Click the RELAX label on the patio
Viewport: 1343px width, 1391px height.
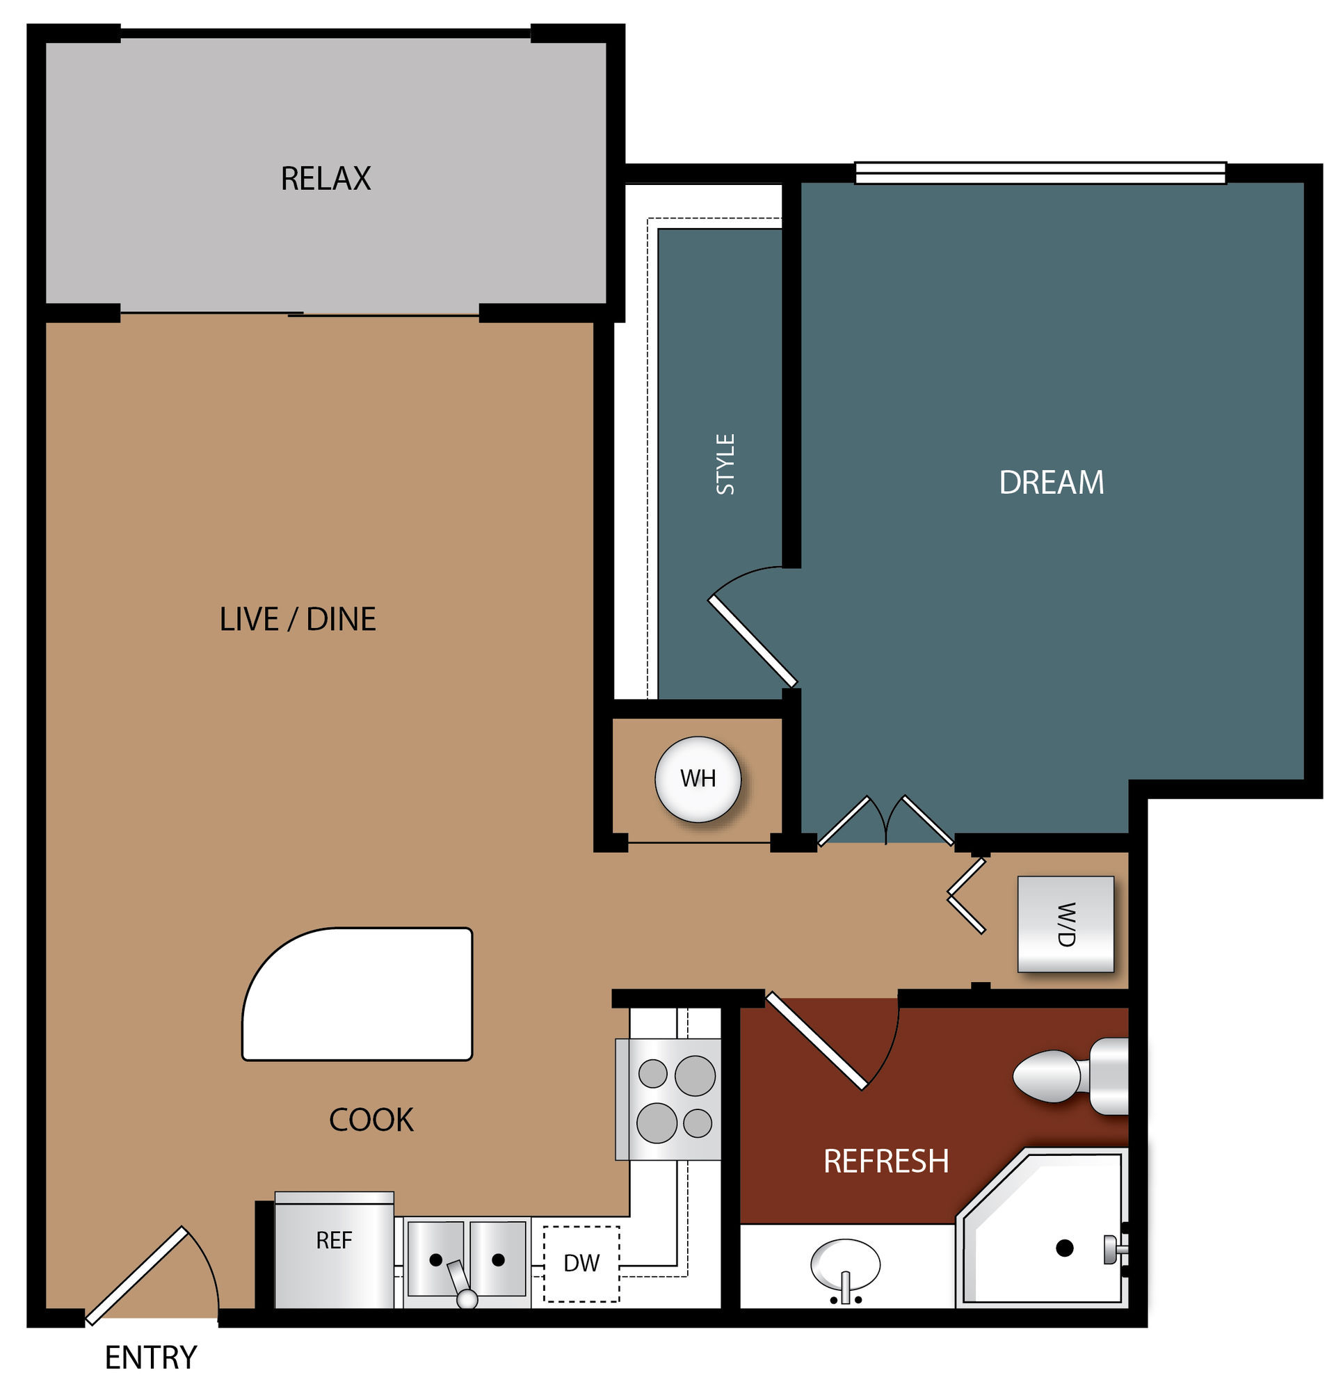(x=325, y=178)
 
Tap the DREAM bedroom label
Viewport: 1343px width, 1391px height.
(x=1052, y=483)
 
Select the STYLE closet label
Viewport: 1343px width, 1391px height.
(x=725, y=464)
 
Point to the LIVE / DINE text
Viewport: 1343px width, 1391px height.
(x=298, y=619)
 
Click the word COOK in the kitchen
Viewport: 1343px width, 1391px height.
(x=371, y=1120)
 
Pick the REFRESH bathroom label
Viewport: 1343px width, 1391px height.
(x=886, y=1161)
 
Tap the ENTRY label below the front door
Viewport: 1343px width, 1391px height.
(x=150, y=1358)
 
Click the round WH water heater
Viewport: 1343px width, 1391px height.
(x=698, y=779)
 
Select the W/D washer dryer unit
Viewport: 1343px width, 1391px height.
(x=1065, y=924)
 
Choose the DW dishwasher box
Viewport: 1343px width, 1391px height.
(x=581, y=1264)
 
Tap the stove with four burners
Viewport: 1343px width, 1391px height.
(x=668, y=1100)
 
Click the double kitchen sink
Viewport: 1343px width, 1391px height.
(x=467, y=1262)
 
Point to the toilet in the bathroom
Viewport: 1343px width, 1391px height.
(x=1070, y=1077)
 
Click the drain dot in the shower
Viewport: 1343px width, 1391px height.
(x=1064, y=1248)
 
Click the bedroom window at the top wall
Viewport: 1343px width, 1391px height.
(x=1040, y=173)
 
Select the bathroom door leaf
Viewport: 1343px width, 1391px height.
(x=817, y=1040)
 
